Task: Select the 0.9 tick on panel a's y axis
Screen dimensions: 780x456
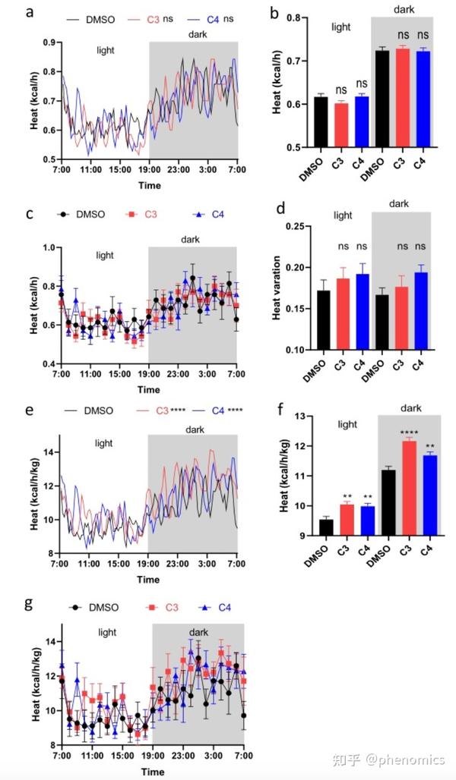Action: tap(50, 43)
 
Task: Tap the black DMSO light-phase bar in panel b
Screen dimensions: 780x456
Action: tap(321, 121)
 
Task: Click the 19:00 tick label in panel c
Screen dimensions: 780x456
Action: tap(148, 375)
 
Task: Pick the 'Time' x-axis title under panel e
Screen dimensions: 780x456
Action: tap(148, 579)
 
